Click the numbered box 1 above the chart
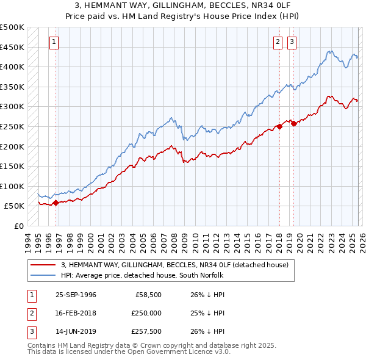(x=54, y=42)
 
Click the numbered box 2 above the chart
(x=278, y=42)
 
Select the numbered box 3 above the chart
(x=292, y=42)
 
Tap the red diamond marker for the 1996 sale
(x=56, y=203)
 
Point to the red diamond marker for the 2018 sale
(x=279, y=126)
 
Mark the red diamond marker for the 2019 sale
(x=293, y=123)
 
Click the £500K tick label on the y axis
(x=12, y=27)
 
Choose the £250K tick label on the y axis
(x=12, y=126)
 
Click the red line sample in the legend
(x=43, y=265)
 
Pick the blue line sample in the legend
(x=43, y=275)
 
